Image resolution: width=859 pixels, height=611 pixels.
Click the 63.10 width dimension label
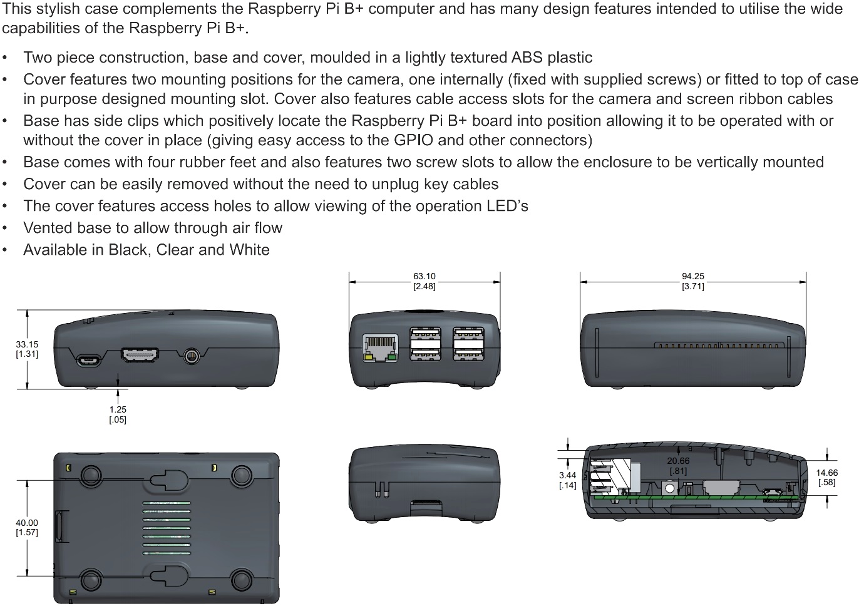(424, 281)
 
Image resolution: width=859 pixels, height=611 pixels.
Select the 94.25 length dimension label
(692, 281)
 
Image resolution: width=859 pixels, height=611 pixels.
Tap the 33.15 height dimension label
(27, 349)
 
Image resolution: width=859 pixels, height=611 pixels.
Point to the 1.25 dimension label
(118, 414)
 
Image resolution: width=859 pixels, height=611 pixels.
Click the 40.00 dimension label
(27, 527)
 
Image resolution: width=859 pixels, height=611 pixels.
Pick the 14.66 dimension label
(826, 477)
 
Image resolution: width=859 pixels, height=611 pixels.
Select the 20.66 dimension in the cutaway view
(678, 466)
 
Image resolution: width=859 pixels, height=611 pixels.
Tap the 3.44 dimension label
(567, 480)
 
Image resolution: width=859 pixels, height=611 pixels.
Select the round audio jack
(192, 356)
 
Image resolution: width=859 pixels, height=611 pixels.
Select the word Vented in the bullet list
(48, 228)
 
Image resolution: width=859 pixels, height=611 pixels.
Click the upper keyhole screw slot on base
(168, 480)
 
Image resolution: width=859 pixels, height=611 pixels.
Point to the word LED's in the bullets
(507, 206)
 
